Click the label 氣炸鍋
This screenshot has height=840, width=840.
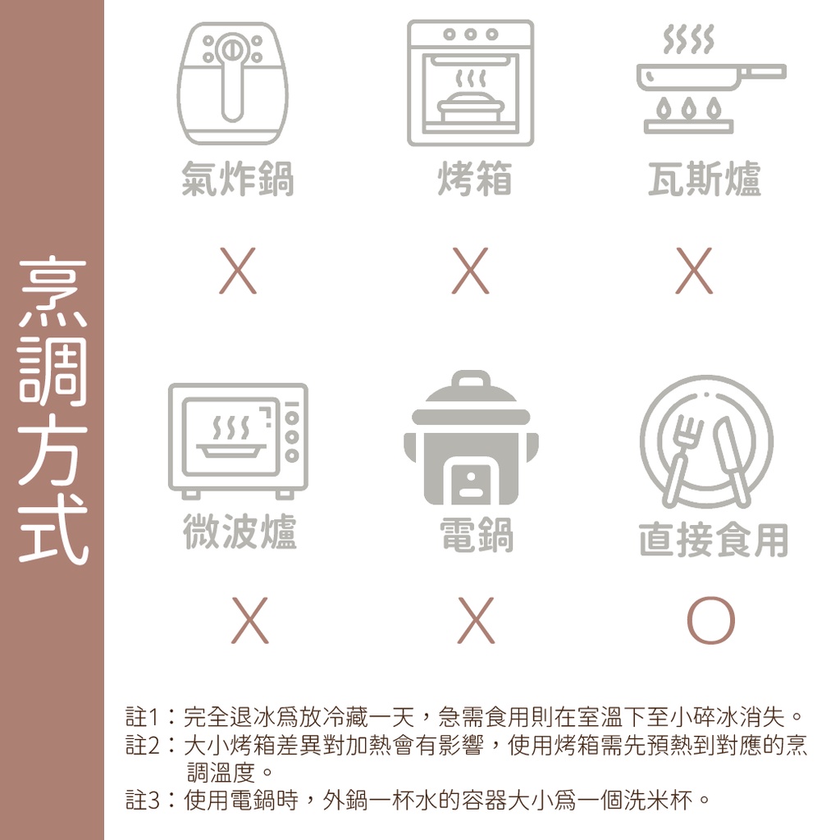(x=237, y=178)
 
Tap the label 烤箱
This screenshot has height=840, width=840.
(x=474, y=178)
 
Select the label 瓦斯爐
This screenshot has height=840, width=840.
(x=704, y=178)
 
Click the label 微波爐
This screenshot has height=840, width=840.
(x=240, y=531)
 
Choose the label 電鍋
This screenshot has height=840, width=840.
(x=477, y=534)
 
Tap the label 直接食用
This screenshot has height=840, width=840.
(x=713, y=540)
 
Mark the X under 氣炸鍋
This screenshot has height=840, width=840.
(x=238, y=271)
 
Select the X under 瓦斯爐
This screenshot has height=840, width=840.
(x=694, y=271)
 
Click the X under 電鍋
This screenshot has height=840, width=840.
(x=477, y=620)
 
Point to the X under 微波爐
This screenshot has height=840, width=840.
(x=249, y=620)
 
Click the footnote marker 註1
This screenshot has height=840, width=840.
(x=142, y=717)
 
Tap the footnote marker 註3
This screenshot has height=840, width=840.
(x=142, y=801)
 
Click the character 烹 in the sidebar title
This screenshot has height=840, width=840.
(x=52, y=292)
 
